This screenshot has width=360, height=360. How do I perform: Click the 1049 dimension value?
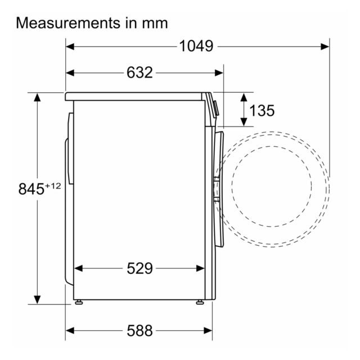tap(196, 46)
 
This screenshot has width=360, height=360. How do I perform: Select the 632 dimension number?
tap(139, 73)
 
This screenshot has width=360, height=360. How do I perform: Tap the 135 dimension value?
tap(262, 110)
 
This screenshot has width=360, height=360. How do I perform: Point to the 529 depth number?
tap(139, 268)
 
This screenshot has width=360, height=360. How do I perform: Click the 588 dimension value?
tap(139, 331)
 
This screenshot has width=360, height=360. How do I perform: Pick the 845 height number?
tap(31, 189)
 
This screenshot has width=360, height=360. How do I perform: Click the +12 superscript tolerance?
tap(53, 186)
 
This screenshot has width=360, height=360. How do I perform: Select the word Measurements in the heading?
tap(68, 23)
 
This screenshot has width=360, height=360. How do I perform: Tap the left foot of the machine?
tap(79, 302)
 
